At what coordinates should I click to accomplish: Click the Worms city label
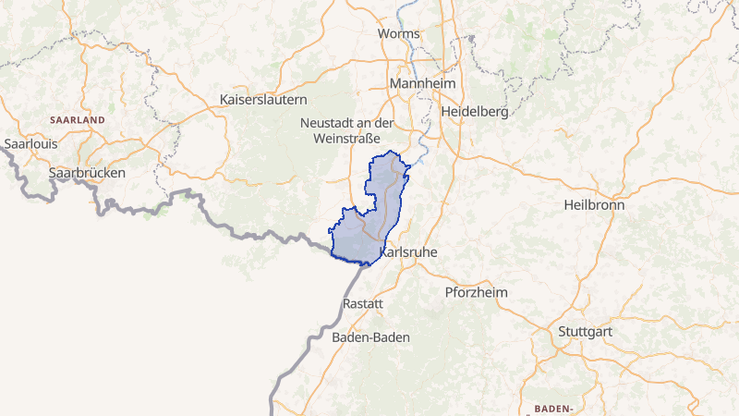(399, 34)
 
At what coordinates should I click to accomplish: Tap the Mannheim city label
(424, 84)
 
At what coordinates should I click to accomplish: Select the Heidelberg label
(476, 111)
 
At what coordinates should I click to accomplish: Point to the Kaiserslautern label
(263, 99)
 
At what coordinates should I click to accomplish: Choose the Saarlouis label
(31, 144)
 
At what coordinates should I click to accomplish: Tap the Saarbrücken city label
(87, 173)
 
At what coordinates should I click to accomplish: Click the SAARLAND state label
(78, 120)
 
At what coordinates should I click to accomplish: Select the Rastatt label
(362, 303)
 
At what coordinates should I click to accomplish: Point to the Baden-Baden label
(370, 337)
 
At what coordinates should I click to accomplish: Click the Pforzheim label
(477, 292)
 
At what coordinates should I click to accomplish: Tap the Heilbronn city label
(594, 205)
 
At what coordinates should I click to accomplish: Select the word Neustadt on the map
(329, 123)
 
